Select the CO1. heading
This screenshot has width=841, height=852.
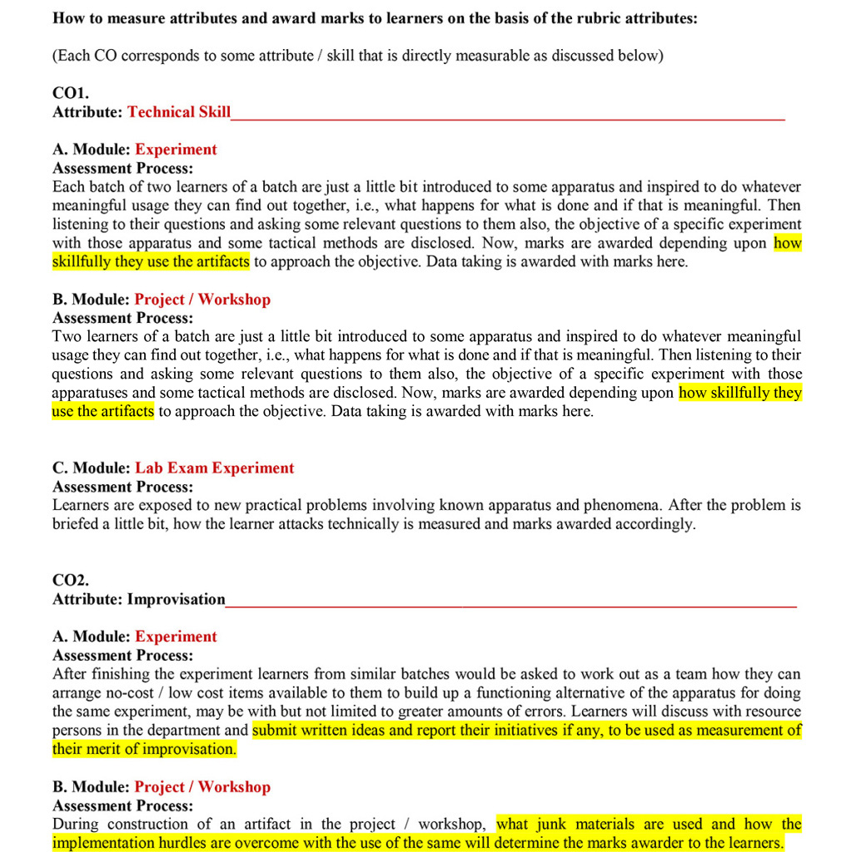(71, 93)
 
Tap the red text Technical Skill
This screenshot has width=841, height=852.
(179, 112)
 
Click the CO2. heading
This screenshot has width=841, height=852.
(71, 580)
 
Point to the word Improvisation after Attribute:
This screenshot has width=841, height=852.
(176, 599)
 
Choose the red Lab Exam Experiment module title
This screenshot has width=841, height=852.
(214, 468)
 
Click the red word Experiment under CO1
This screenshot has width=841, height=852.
(176, 150)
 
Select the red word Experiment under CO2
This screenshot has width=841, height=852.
(176, 637)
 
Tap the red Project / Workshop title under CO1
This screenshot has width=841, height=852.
(202, 300)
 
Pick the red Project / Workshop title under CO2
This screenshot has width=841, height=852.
(202, 786)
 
